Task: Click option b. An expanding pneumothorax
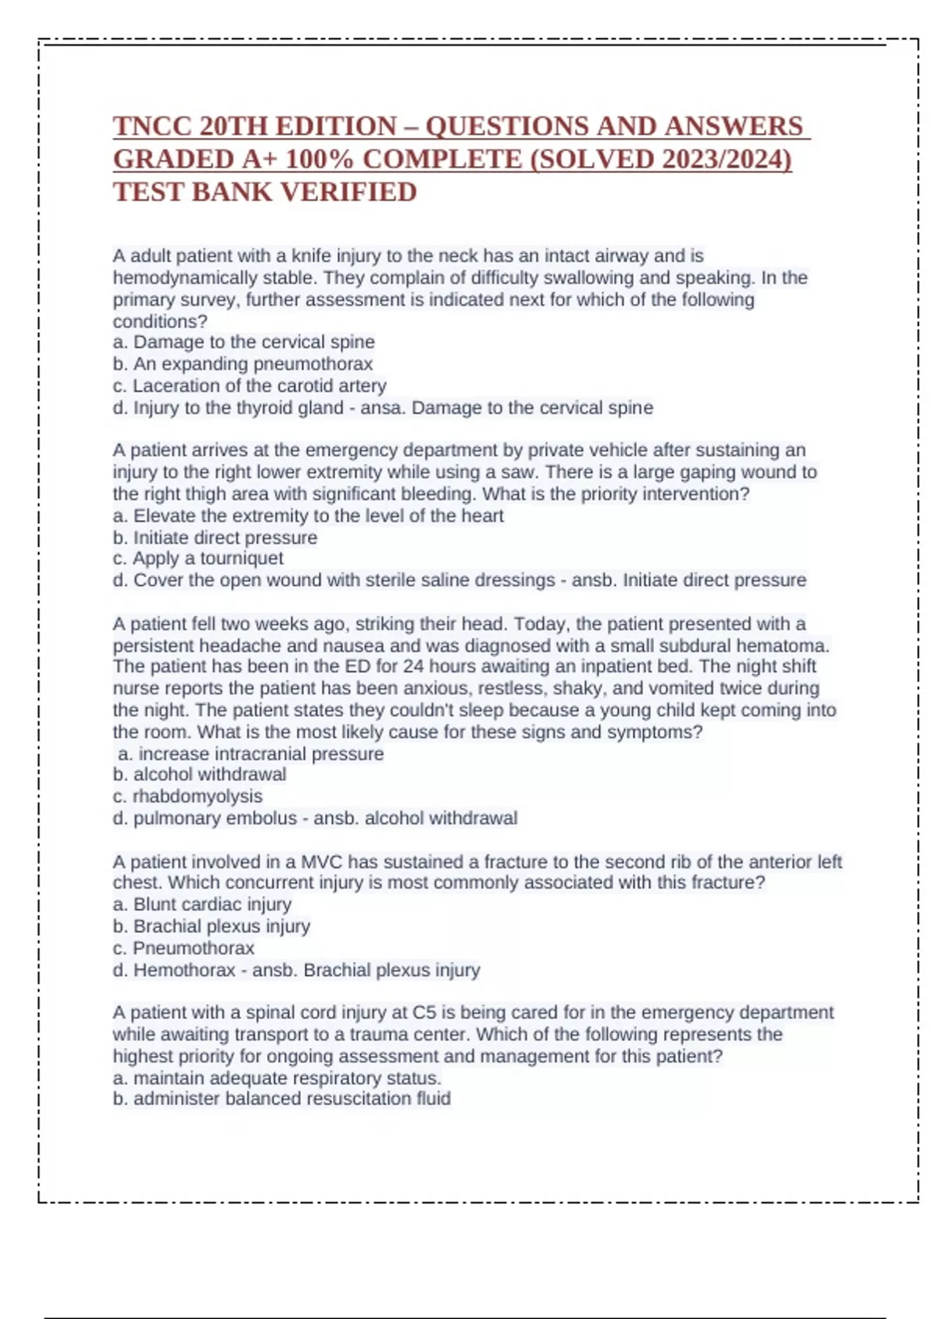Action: tap(243, 364)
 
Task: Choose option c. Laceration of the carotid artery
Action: tap(249, 386)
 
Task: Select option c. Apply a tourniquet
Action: tap(198, 559)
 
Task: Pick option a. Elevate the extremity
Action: tap(308, 516)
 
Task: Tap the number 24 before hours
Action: tap(414, 666)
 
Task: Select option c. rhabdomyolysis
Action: tap(188, 796)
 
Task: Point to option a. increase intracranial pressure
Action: tap(251, 754)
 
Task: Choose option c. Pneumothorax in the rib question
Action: tap(184, 948)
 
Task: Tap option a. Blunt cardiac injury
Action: tap(202, 905)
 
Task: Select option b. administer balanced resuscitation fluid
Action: tap(282, 1099)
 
